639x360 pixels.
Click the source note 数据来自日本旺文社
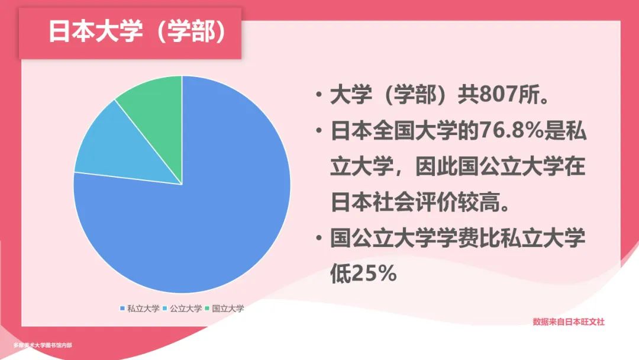point(569,322)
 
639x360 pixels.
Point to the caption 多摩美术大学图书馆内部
point(43,345)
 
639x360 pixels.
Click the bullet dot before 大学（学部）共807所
point(319,95)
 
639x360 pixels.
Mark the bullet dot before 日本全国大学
point(319,131)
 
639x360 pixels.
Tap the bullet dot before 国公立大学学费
point(319,238)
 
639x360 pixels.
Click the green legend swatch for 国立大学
point(207,308)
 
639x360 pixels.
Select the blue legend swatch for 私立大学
point(122,308)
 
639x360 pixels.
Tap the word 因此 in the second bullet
point(437,166)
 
